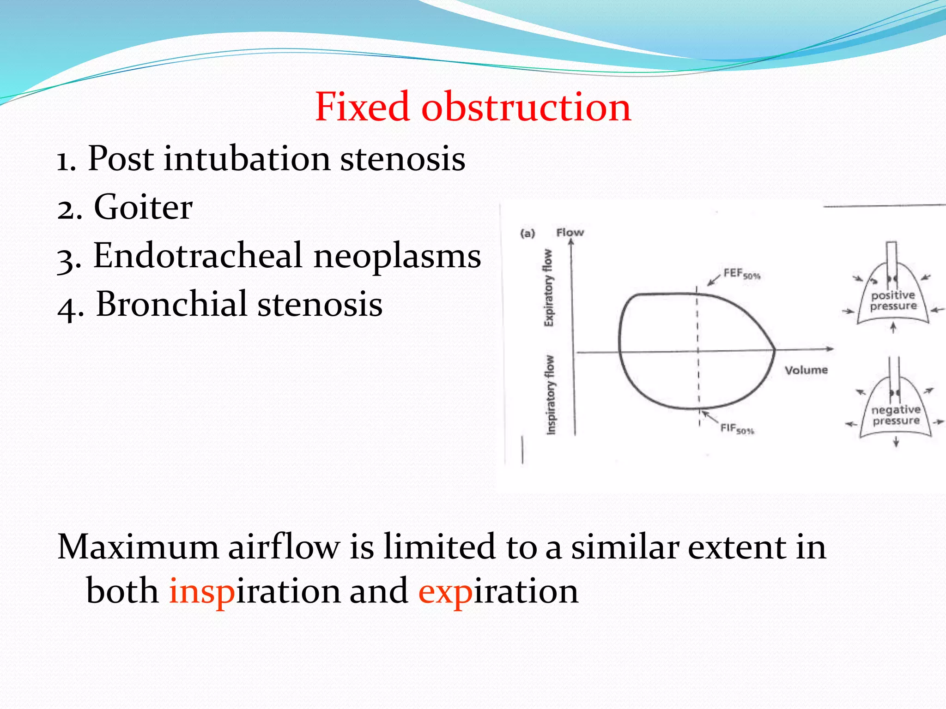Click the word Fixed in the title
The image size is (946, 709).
coord(363,107)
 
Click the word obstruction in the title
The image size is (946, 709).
coord(526,107)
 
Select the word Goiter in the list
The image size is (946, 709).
coord(143,207)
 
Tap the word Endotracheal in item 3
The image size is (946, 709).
coord(198,256)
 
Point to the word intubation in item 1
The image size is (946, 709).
coord(247,159)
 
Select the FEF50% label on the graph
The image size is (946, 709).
coord(741,274)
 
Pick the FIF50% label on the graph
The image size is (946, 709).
coord(737,429)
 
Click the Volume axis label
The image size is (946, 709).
coord(806,370)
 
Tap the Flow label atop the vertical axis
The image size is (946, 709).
coord(570,233)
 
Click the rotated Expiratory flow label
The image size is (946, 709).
coord(548,288)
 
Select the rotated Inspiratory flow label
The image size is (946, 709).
coord(550,395)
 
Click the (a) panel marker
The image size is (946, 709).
coord(528,234)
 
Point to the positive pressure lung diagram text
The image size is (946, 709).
coord(893,300)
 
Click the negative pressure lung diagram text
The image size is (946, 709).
coord(896,415)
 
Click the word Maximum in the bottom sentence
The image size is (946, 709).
coord(138,547)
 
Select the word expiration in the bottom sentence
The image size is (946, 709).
coord(498,591)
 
